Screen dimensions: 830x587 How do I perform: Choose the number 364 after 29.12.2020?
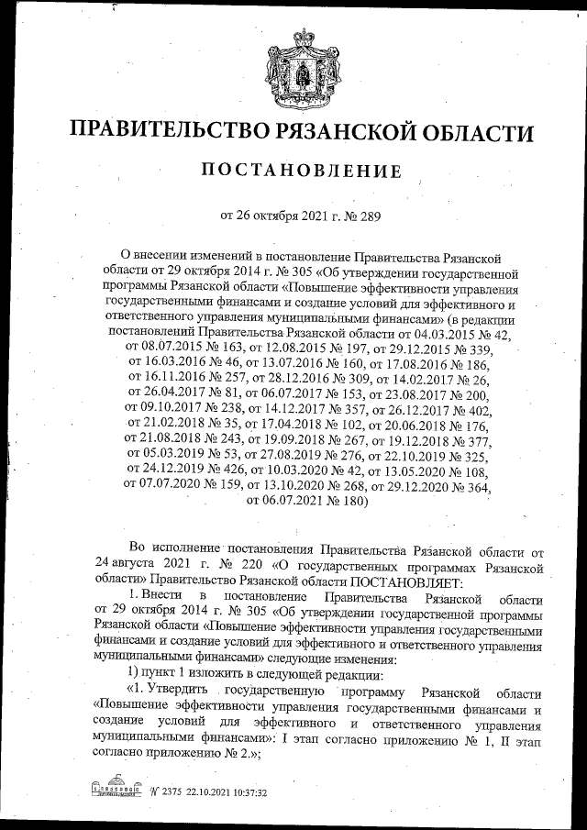(x=474, y=487)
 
